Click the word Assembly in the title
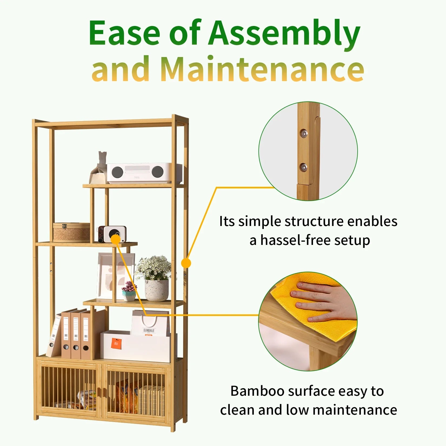(284, 34)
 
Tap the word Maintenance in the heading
(262, 69)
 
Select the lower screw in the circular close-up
(303, 167)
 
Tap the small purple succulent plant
(129, 287)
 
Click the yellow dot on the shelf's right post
(186, 263)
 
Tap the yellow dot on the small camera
(116, 239)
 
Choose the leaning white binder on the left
(54, 337)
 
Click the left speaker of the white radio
(117, 172)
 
